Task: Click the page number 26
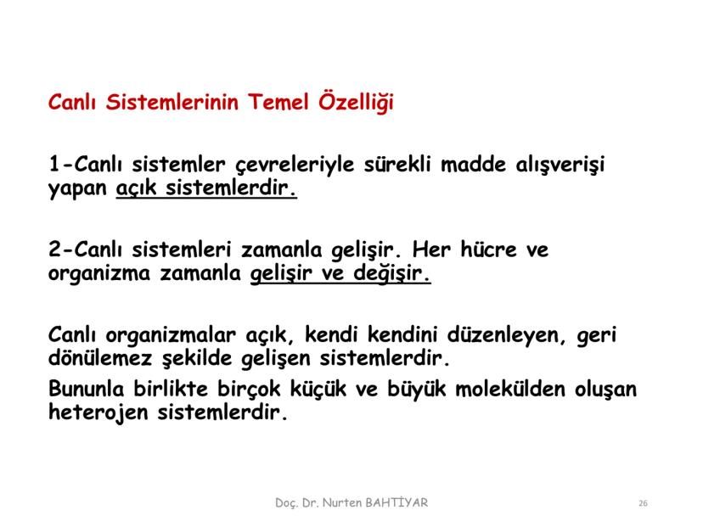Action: [643, 504]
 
